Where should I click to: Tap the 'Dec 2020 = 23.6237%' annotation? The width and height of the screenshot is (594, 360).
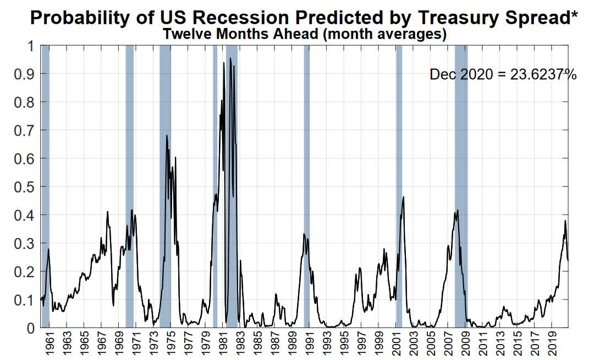[x=503, y=75]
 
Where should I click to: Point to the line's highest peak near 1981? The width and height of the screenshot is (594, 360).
[x=230, y=58]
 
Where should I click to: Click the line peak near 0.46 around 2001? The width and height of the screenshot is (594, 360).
[x=403, y=197]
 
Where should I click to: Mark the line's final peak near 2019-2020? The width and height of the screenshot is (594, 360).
[x=565, y=221]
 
